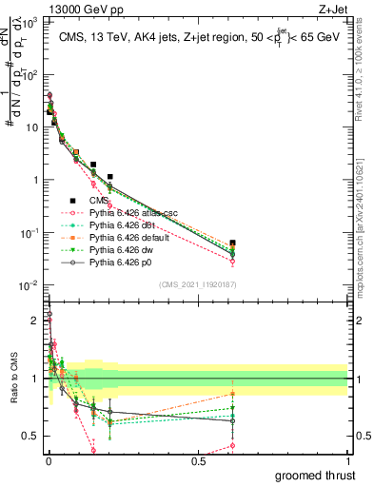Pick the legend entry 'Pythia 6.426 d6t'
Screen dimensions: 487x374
coord(121,225)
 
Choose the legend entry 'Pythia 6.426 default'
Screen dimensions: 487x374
coord(128,237)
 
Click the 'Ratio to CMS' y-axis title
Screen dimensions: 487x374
coord(12,391)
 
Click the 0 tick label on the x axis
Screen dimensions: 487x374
coord(49,460)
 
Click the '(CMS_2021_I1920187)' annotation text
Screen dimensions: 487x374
coord(197,283)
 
